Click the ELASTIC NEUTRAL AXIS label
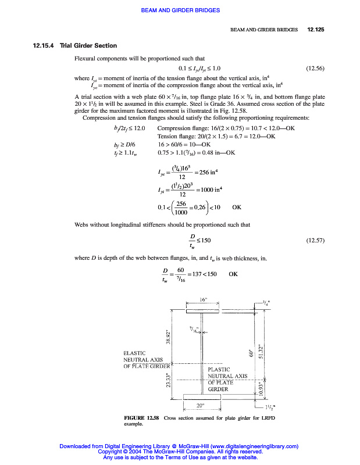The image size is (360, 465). coord(146,359)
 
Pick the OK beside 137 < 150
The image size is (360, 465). coord(233,274)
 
